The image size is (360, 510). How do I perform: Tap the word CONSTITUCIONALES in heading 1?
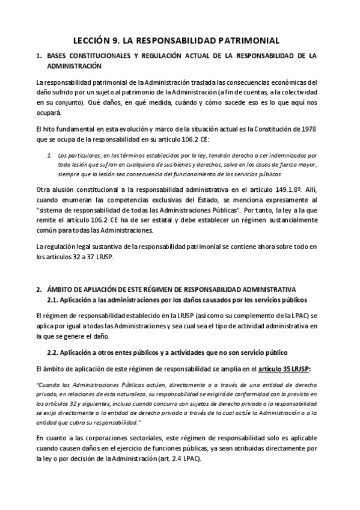click(100, 56)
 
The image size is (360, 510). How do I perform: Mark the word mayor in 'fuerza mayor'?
click(308, 164)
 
